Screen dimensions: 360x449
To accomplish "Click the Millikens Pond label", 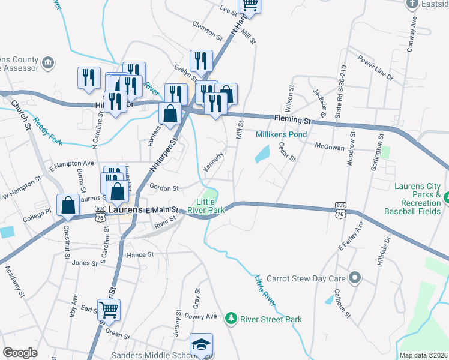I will (x=281, y=134).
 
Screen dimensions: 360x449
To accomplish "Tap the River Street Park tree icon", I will (x=229, y=319).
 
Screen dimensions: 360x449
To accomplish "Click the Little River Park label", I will (x=205, y=206).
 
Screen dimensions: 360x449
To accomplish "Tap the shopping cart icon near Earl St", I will (x=109, y=310).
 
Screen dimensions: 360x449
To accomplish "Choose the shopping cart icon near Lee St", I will (x=250, y=5).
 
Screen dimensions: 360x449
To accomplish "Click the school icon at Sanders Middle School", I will (x=202, y=344).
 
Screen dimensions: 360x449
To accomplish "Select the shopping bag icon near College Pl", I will (x=68, y=205).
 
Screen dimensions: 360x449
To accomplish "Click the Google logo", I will (x=20, y=353).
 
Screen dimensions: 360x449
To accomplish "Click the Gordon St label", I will (x=164, y=188).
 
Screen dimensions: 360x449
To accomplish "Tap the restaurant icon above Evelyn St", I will (x=200, y=61).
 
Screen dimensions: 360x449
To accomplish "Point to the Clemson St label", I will (x=207, y=25).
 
